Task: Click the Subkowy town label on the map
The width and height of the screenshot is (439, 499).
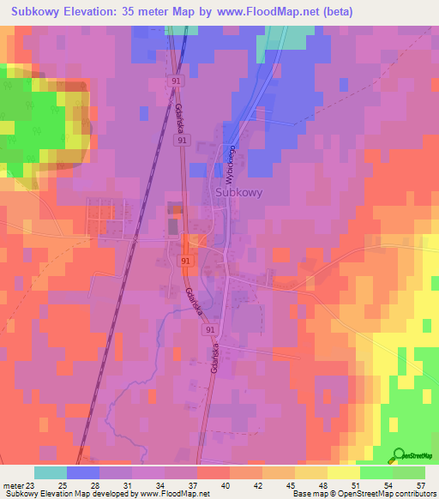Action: (237, 193)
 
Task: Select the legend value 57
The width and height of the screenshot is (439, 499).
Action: (420, 484)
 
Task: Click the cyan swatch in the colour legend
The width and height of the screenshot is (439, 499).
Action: (51, 472)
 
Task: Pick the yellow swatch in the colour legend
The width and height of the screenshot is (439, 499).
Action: (344, 472)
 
